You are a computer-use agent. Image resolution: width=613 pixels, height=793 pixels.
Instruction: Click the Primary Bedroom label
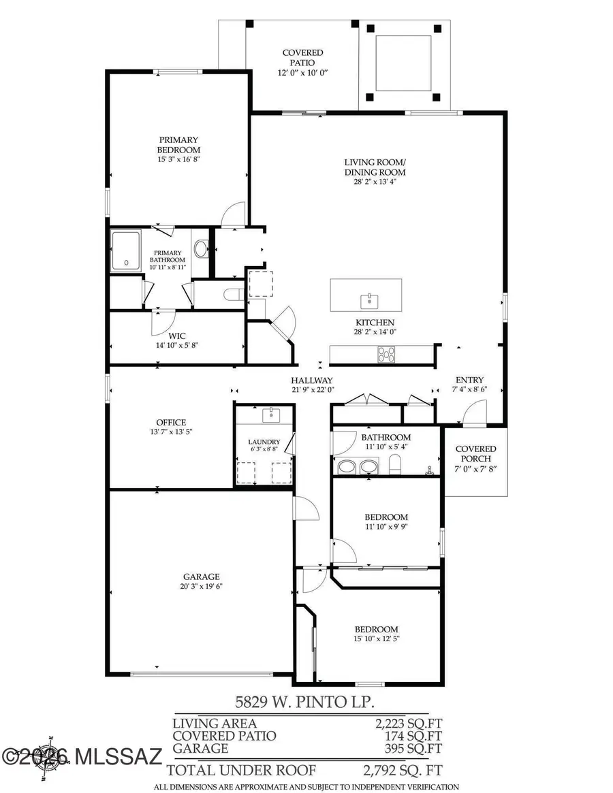178,145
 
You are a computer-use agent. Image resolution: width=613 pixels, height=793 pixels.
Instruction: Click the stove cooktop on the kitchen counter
387,353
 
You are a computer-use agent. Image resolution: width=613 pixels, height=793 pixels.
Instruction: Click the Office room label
170,423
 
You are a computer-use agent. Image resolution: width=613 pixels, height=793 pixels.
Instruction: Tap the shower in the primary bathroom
126,249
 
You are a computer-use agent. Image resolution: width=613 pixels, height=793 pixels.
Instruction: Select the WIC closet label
177,336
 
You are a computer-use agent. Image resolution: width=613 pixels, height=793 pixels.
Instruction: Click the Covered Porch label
475,453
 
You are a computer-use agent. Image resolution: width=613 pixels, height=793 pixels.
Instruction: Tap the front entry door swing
474,412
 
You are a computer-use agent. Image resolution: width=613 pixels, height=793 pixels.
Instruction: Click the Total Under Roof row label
241,770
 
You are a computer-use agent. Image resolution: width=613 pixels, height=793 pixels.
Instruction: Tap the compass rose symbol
52,756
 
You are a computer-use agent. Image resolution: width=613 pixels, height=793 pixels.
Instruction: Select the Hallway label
312,381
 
